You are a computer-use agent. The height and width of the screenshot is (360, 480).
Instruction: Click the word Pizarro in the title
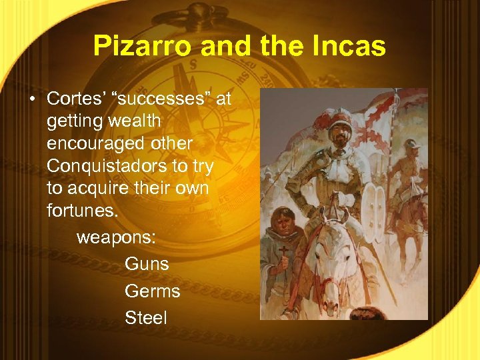point(135,46)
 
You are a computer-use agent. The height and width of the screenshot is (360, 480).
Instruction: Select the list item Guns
point(147,264)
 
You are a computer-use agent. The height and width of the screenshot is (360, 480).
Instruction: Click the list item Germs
point(152,291)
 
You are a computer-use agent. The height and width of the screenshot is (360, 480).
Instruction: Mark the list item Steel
point(145,318)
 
